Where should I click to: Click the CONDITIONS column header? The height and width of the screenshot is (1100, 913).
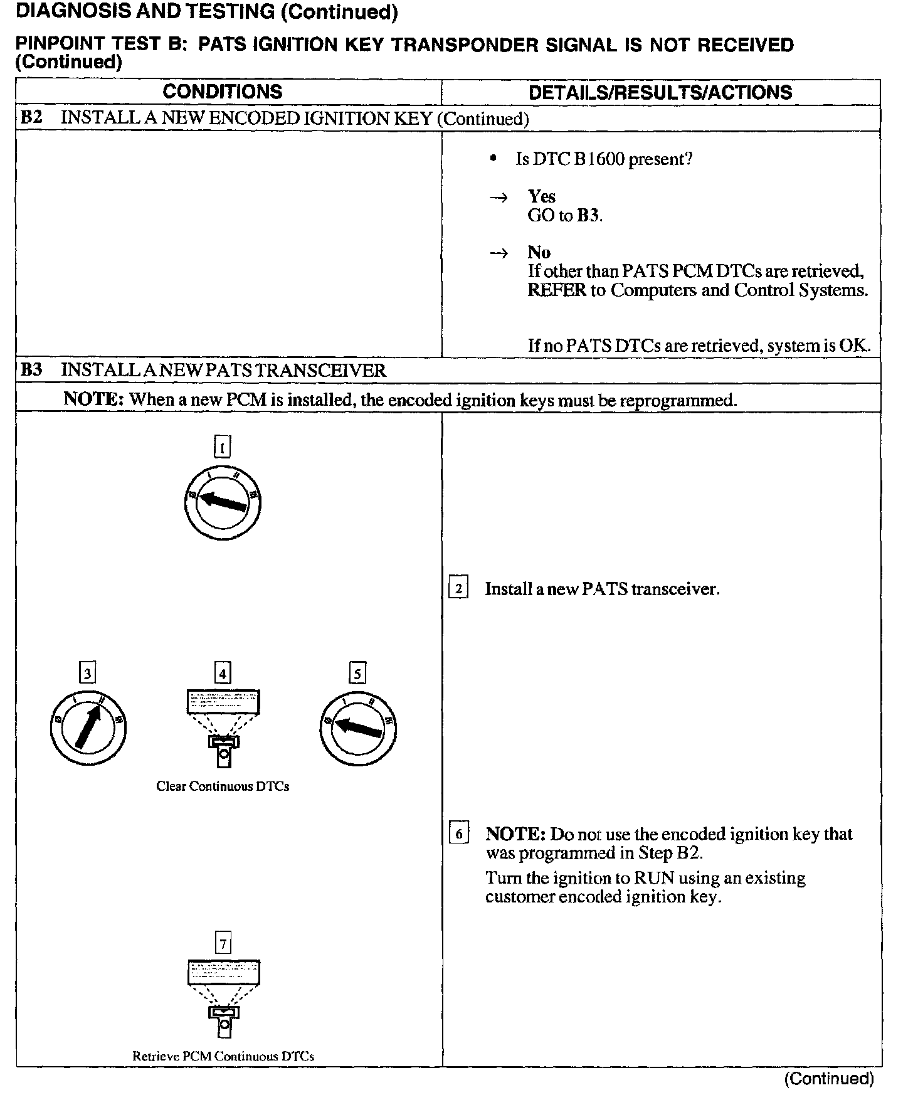click(222, 92)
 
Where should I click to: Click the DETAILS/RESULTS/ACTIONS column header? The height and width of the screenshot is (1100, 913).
click(660, 92)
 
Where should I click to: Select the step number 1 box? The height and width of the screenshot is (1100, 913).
click(223, 447)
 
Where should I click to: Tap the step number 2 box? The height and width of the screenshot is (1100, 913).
click(458, 588)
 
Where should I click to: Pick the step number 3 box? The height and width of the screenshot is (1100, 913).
click(88, 674)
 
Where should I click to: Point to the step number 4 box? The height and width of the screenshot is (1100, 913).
click(223, 674)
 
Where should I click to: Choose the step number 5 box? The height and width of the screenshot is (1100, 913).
click(357, 674)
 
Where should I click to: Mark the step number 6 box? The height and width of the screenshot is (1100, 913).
click(458, 833)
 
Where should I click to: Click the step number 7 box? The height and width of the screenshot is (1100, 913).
click(223, 943)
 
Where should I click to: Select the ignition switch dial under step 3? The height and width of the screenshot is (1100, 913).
click(88, 727)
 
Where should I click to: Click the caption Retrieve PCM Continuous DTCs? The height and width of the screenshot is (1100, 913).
click(223, 1056)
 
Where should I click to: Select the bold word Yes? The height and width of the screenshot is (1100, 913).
click(541, 196)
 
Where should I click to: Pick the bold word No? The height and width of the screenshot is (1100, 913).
click(539, 252)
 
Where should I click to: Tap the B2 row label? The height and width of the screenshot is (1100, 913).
click(31, 118)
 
